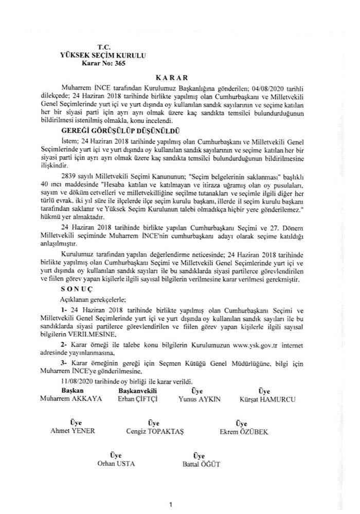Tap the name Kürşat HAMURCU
264,398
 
